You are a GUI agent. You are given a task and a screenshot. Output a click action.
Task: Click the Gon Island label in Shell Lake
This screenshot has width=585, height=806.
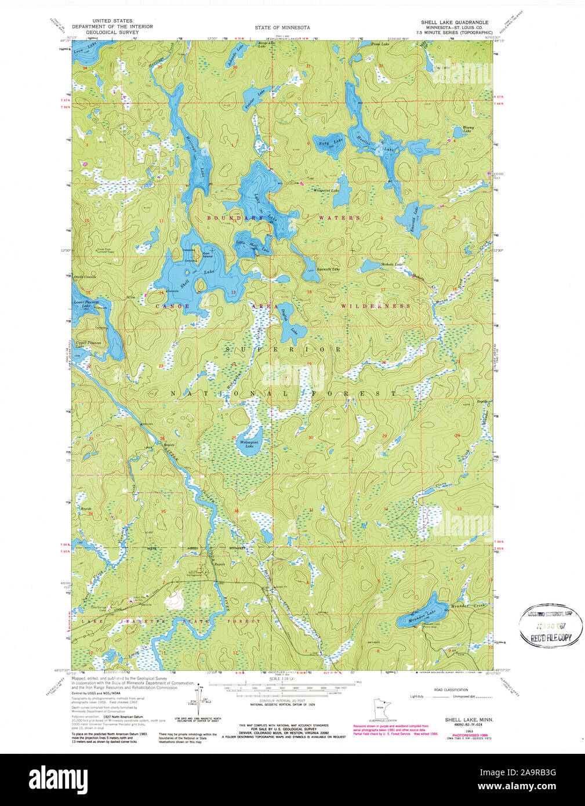[x=206, y=254]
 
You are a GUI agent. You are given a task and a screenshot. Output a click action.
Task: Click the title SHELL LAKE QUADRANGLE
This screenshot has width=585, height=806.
[x=455, y=22]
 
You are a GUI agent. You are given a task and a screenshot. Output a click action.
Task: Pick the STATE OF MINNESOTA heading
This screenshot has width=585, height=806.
[x=282, y=27]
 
